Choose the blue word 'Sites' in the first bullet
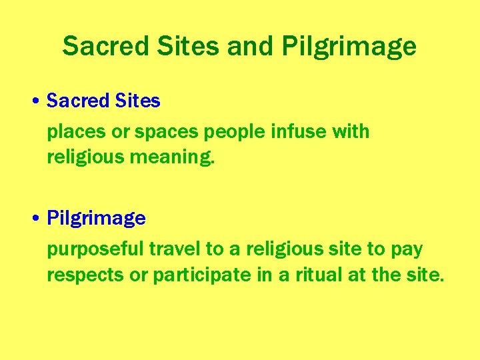click(138, 101)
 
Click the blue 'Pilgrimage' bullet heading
click(96, 219)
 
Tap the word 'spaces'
click(166, 132)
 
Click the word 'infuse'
click(299, 131)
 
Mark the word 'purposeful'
click(95, 249)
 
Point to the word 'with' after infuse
click(351, 131)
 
